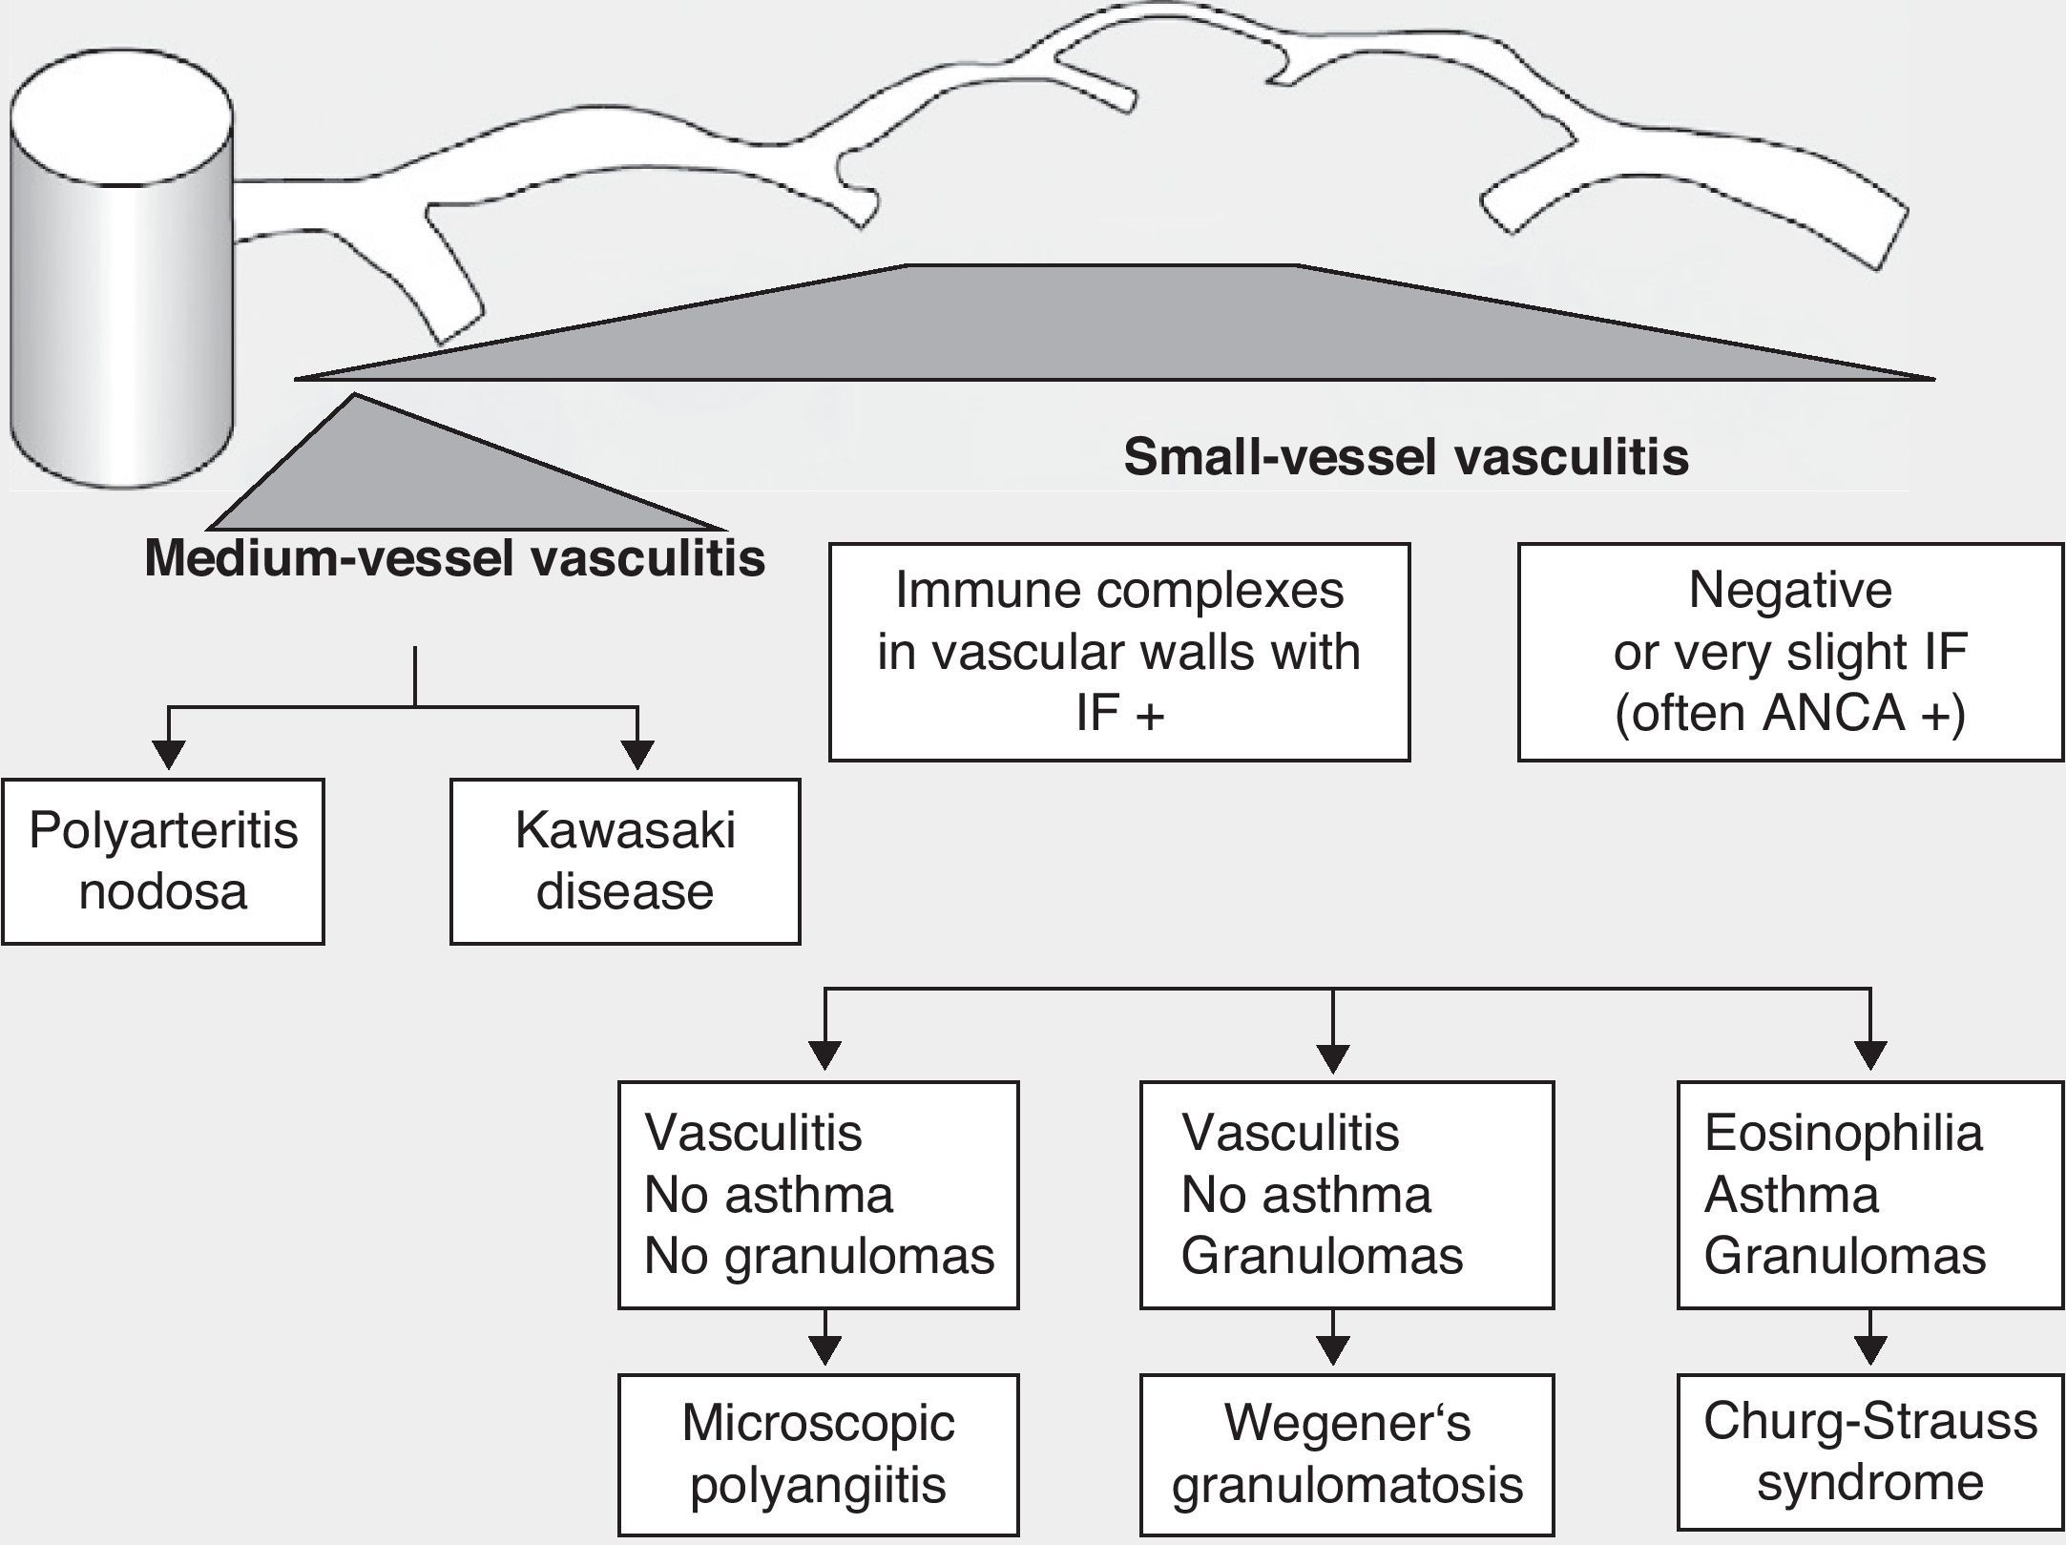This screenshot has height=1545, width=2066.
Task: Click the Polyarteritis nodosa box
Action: click(163, 861)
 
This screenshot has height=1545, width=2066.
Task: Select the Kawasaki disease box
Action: click(625, 861)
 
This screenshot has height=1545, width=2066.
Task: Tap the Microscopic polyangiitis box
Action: click(818, 1453)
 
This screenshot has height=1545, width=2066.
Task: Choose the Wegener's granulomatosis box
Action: click(1346, 1453)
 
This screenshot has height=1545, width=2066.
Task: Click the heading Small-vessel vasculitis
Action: click(1406, 457)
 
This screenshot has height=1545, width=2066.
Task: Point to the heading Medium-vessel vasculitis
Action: click(454, 558)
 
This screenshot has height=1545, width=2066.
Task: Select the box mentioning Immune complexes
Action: click(1118, 652)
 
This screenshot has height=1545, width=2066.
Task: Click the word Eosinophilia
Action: click(1843, 1134)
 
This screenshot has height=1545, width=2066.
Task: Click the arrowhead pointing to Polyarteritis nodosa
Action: click(169, 754)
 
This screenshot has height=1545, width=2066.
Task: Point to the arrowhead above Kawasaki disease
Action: click(637, 754)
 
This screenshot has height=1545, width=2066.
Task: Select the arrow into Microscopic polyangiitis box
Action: click(824, 1347)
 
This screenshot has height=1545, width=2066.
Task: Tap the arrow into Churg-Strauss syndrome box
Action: click(1869, 1347)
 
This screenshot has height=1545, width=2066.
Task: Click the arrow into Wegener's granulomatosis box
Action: click(1333, 1347)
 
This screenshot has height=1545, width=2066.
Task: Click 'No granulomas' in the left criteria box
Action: click(819, 1256)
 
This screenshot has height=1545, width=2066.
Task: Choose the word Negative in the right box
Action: click(1790, 590)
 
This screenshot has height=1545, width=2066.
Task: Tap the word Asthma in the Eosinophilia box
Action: click(1791, 1195)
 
